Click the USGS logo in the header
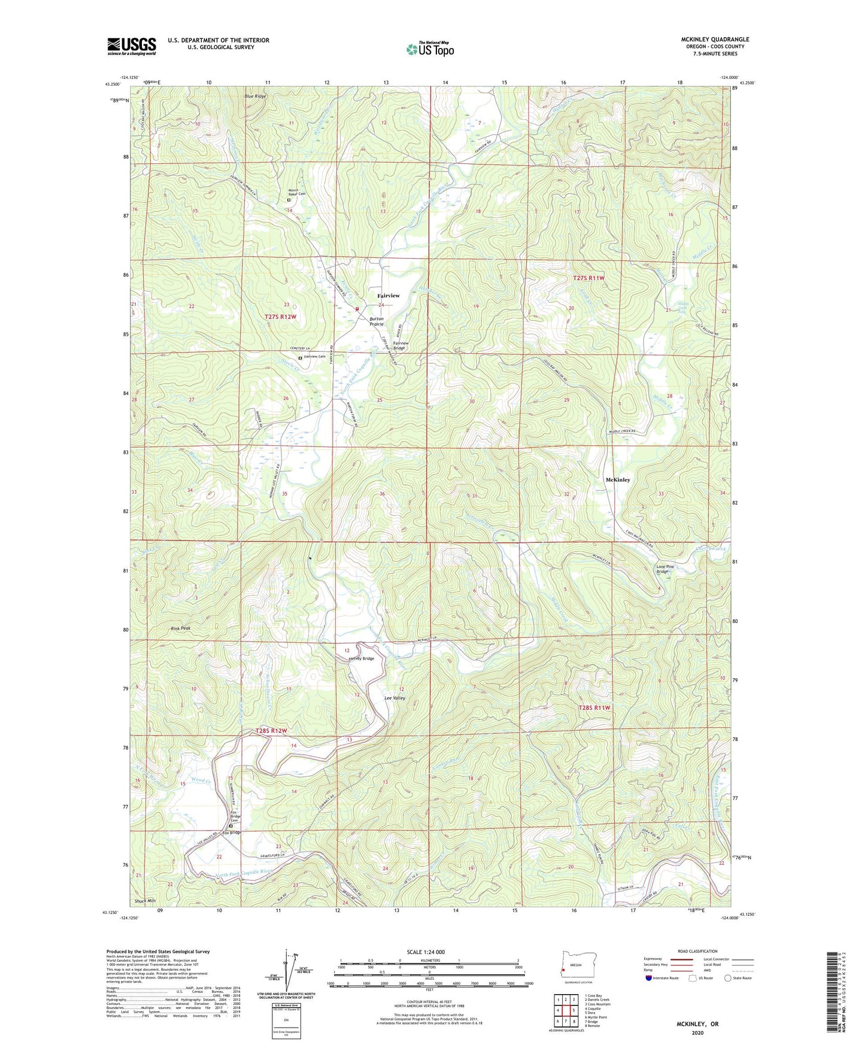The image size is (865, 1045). pos(132,46)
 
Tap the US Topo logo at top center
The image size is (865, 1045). pos(430,49)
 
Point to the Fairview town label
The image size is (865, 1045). pos(388,296)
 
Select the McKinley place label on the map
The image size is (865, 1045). pos(618,480)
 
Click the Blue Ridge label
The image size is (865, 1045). pos(255,96)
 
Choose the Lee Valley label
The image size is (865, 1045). pos(394,698)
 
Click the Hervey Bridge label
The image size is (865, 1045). pos(362,658)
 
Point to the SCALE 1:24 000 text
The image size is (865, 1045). pos(426,952)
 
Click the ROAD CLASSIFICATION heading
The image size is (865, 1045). pos(698,951)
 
